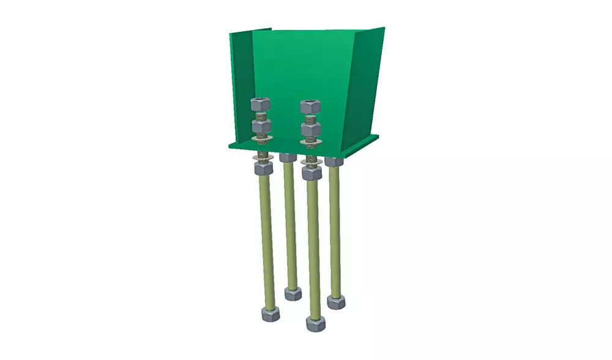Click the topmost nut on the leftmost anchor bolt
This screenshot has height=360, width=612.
261,104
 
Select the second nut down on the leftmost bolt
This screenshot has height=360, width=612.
261,127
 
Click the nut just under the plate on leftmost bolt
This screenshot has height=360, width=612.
263,168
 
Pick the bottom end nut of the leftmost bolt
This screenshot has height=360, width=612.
271,314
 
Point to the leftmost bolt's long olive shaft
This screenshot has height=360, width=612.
267,239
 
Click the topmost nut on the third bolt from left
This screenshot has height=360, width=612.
310,106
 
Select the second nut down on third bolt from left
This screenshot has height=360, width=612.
311,130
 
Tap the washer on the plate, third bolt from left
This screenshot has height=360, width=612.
312,143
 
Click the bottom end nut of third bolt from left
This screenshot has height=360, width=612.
316,323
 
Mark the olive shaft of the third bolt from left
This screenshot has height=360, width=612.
314,245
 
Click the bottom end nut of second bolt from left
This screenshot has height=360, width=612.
293,293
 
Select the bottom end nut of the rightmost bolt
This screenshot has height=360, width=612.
336,301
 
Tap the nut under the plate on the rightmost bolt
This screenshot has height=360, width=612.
334,162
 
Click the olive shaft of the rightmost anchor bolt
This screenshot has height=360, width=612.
335,233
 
